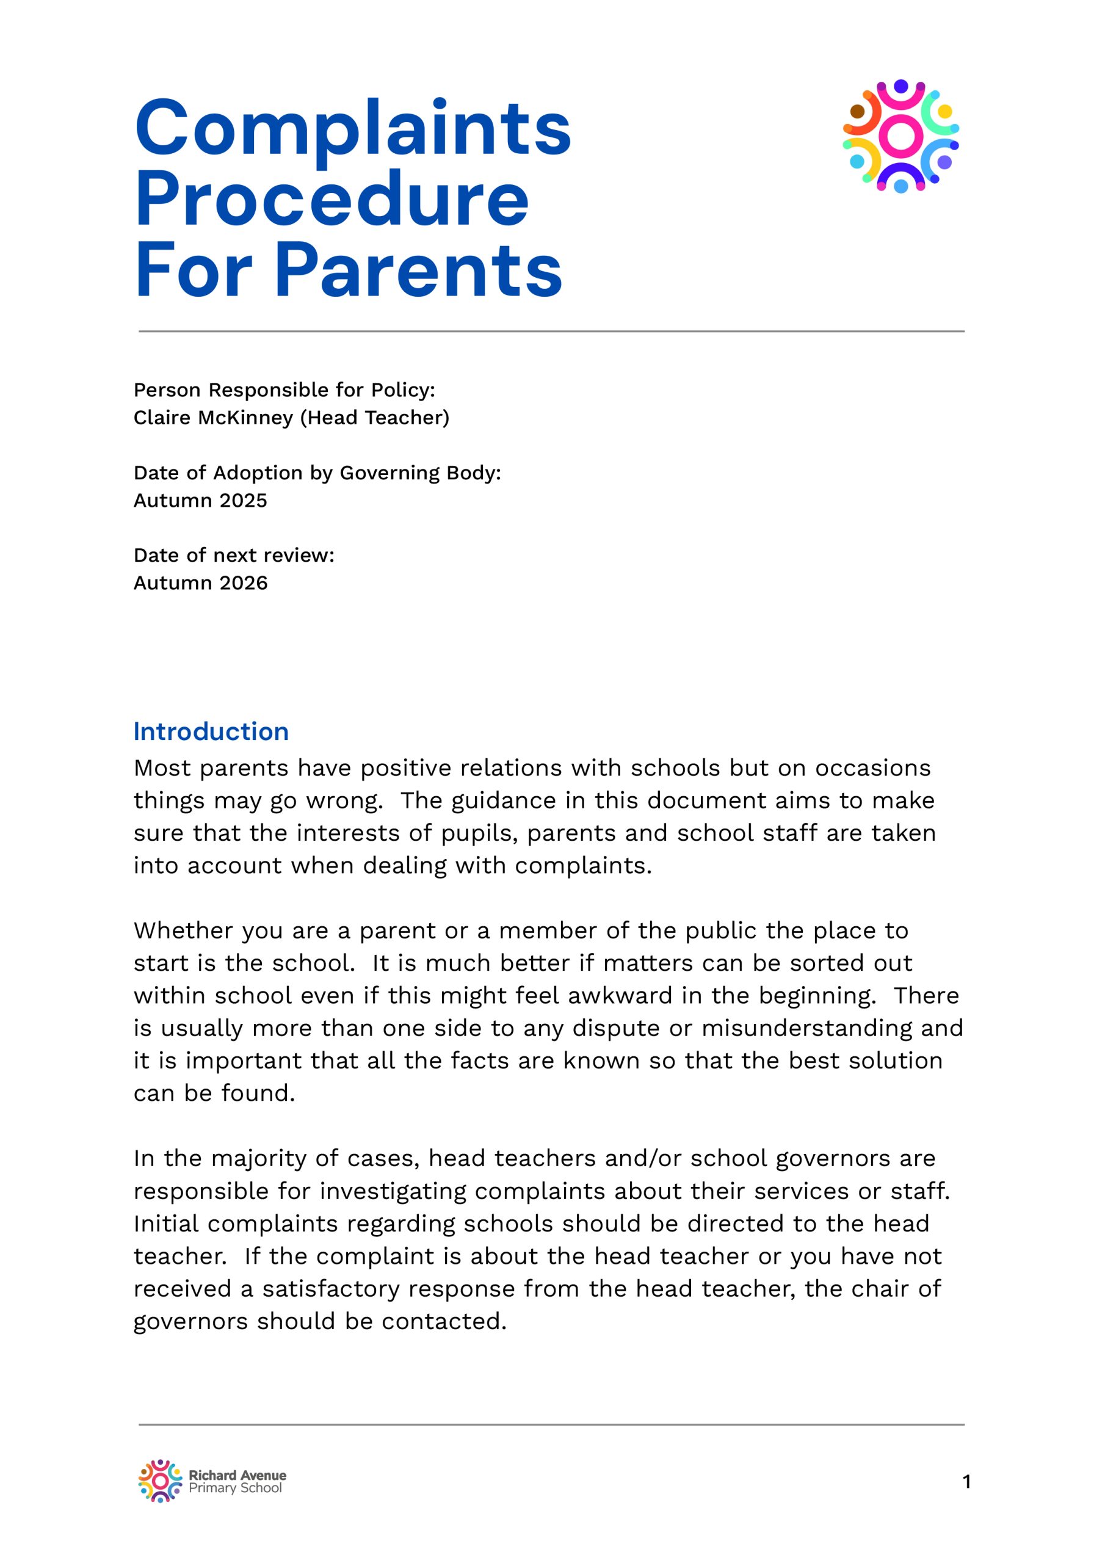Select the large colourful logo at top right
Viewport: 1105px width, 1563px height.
(x=900, y=136)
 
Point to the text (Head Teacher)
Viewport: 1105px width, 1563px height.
(x=375, y=417)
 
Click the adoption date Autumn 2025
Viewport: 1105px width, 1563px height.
(x=200, y=501)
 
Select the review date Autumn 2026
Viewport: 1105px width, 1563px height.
(x=200, y=582)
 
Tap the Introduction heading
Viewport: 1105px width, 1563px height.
(x=211, y=731)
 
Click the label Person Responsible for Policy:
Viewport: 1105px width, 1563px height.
(x=284, y=390)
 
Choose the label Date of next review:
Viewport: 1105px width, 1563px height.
(x=234, y=555)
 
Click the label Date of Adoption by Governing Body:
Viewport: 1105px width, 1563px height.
(x=317, y=473)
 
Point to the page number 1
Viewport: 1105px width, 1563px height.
(x=966, y=1482)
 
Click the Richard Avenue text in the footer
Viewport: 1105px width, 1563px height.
(x=237, y=1475)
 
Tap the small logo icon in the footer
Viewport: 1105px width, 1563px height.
(x=160, y=1481)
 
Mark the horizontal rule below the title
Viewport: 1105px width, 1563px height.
(x=551, y=332)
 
